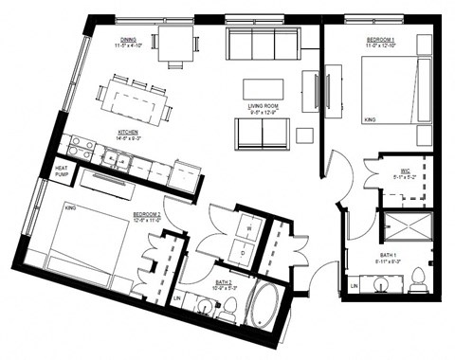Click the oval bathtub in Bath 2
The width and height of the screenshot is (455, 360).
[264, 307]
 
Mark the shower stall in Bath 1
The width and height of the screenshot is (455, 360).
[405, 227]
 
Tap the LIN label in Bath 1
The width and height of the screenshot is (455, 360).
[355, 284]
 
